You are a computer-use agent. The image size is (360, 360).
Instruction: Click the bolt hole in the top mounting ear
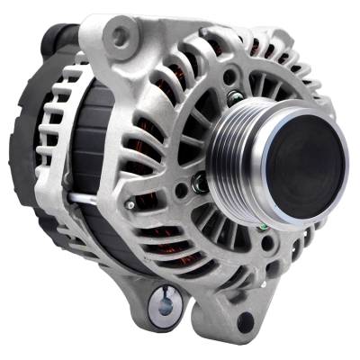pyautogui.click(x=121, y=37)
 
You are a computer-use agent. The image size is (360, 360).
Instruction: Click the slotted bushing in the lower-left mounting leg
pyautogui.click(x=164, y=303)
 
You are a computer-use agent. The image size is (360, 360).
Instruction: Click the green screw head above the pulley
pyautogui.click(x=235, y=97)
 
